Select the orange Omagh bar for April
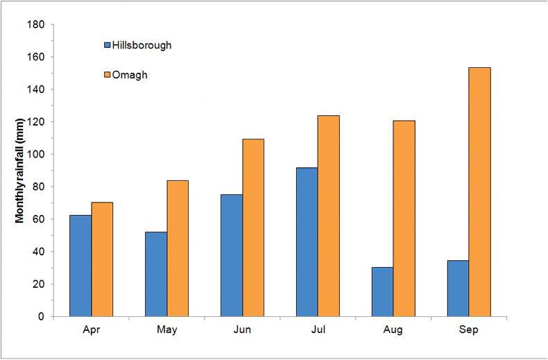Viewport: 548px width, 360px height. [102, 259]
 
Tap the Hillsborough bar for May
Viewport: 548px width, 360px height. [156, 274]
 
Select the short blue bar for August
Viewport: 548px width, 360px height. [382, 291]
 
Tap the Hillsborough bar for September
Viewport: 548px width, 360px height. [458, 288]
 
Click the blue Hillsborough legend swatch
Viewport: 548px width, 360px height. [107, 46]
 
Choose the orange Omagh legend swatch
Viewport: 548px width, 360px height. [107, 74]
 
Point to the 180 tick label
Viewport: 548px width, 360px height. [37, 24]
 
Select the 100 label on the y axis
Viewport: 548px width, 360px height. [37, 154]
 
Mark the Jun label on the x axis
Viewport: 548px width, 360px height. [242, 331]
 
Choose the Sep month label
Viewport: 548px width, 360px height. [468, 331]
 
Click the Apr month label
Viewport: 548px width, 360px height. [91, 331]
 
